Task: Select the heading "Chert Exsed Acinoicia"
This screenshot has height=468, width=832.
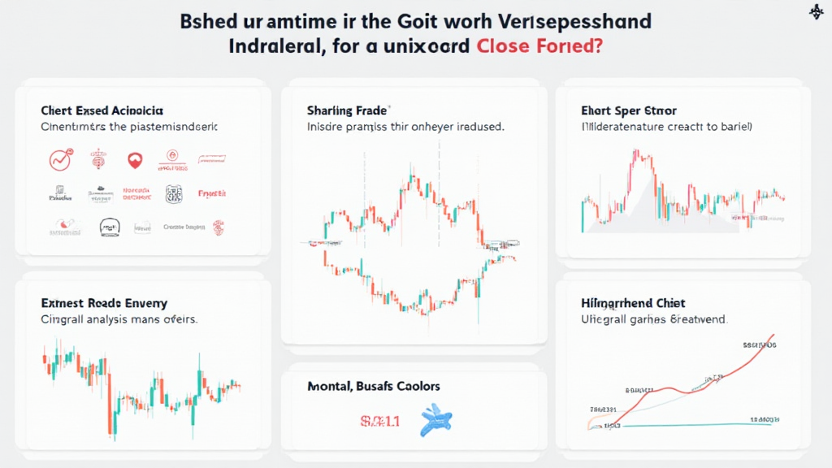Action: (x=102, y=110)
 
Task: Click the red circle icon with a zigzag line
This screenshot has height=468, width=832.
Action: (x=60, y=159)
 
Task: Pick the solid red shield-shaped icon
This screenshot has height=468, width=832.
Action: (x=135, y=160)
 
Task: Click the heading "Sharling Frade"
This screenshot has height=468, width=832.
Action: (x=348, y=110)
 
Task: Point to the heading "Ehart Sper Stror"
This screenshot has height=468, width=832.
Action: (x=630, y=110)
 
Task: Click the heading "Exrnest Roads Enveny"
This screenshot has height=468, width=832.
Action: (x=104, y=303)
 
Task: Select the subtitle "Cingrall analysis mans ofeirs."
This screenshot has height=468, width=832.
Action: (x=119, y=320)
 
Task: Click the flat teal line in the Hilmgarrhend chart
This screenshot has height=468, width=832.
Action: (x=691, y=423)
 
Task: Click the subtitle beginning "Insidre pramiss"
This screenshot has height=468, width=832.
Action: (x=405, y=128)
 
